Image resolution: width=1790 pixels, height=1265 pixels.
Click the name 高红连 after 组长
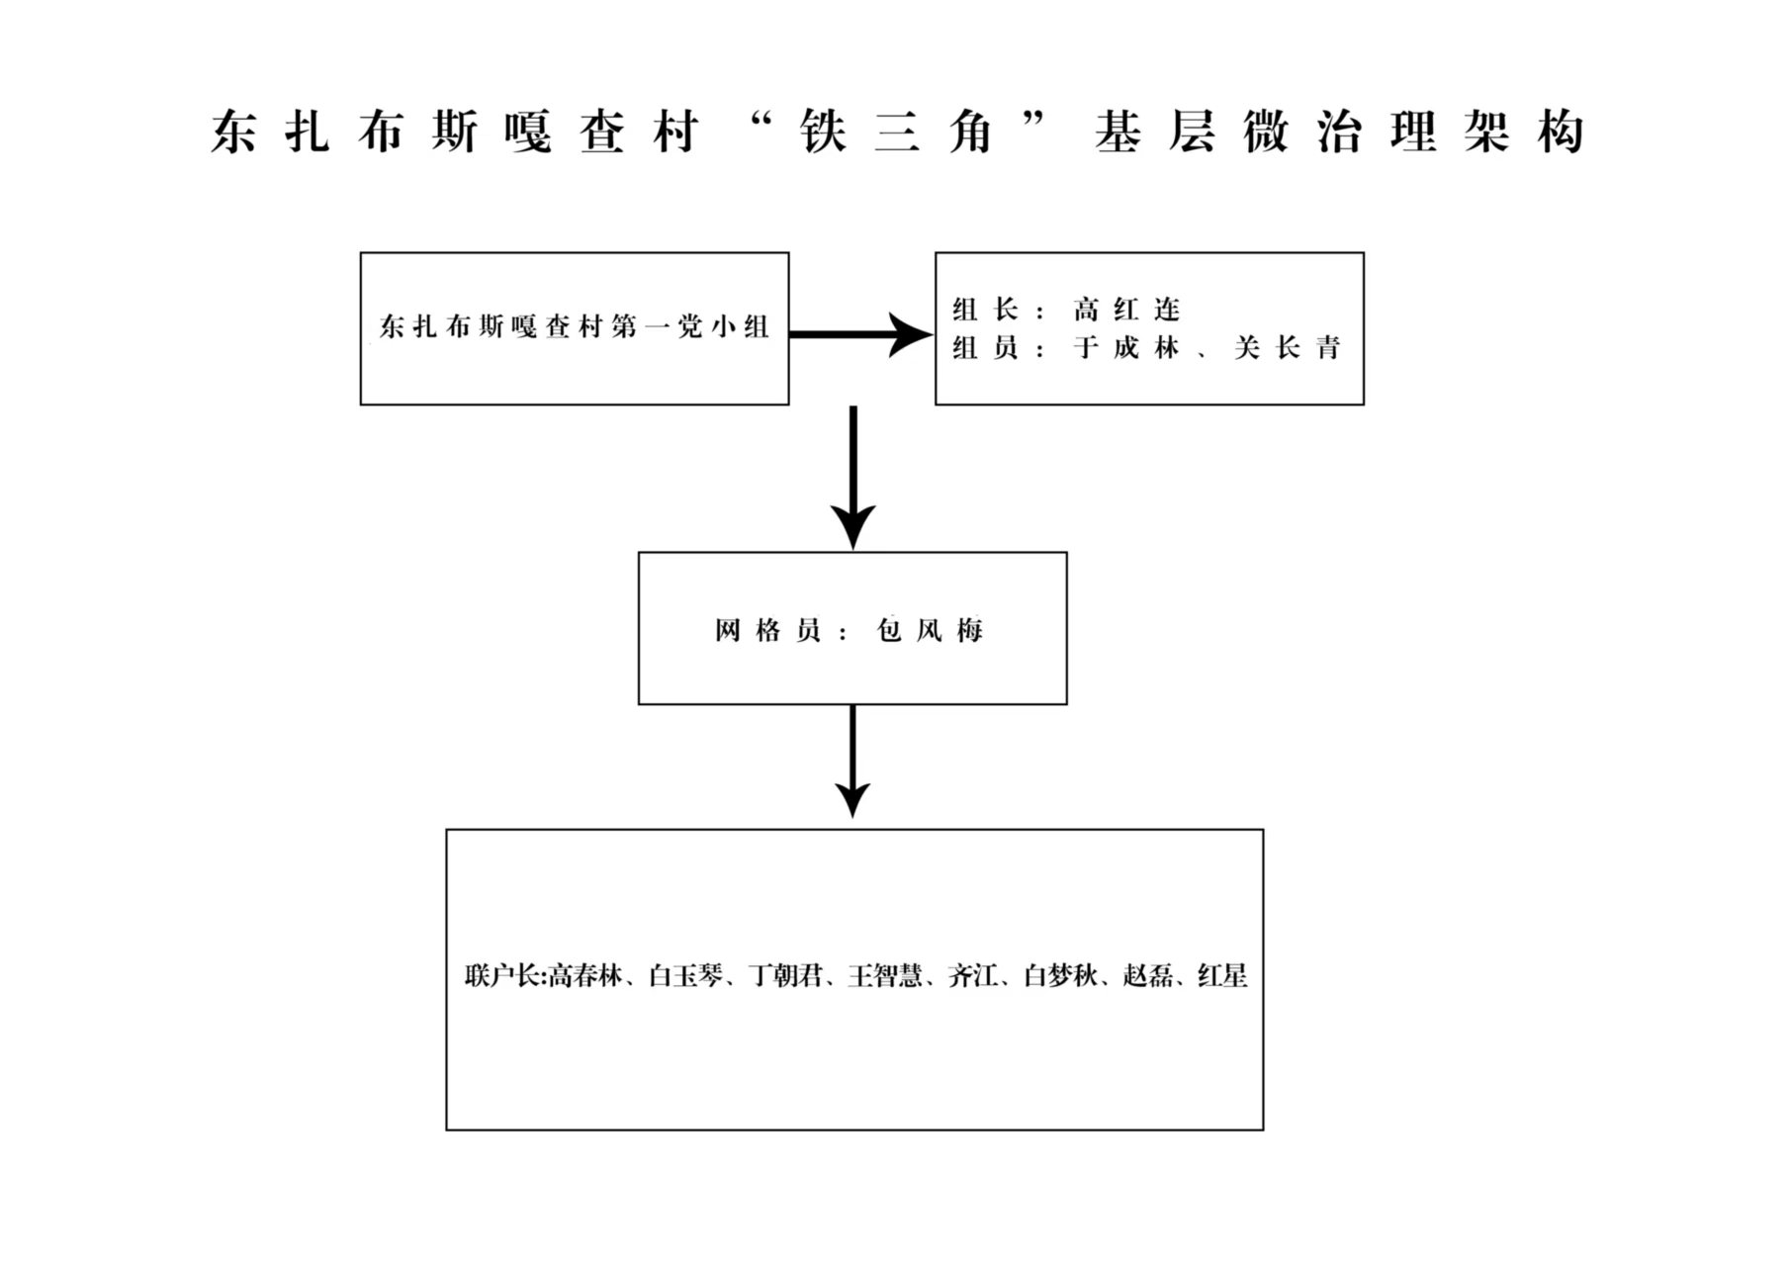pos(1126,311)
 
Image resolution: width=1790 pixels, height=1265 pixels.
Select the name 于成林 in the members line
pos(1126,348)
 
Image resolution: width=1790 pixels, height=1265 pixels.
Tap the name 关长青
pos(1287,348)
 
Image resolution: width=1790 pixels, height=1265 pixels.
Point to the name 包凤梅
pos(930,630)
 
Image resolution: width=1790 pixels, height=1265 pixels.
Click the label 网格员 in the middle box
pos(767,630)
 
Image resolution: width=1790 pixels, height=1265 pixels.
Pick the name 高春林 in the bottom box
pos(585,976)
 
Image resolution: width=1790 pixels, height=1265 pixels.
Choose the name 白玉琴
pos(685,976)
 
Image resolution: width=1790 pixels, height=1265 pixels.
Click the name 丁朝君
pos(785,976)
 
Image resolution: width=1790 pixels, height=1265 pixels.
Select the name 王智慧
pos(885,976)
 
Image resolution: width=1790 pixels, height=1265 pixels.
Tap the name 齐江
pos(972,976)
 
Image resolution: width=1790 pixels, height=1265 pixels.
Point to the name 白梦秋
pos(1060,976)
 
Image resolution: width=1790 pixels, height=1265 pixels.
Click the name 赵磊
pos(1147,976)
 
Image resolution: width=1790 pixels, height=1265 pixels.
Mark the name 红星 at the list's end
pos(1222,976)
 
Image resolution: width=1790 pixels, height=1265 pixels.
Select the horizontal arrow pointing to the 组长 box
pos(859,334)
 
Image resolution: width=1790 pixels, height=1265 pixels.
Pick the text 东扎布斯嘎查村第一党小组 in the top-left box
pos(574,326)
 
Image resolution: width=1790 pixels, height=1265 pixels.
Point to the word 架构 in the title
pos(1524,133)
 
